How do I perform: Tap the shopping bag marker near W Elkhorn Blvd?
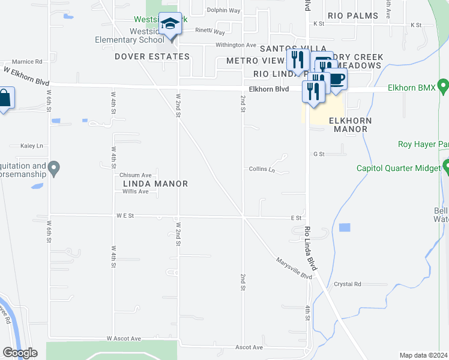point(4,98)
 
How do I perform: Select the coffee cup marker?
point(336,79)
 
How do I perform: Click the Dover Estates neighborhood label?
point(152,56)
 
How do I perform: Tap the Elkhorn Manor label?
point(350,125)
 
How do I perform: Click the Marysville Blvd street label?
point(295,268)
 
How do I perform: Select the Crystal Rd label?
point(348,284)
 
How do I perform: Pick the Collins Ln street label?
point(262,170)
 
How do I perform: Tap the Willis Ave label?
point(135,191)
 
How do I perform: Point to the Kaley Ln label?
point(32,146)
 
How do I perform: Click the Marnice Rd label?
point(27,61)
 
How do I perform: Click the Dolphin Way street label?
point(223,11)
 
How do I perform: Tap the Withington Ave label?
point(236,45)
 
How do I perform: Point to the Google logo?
point(20,353)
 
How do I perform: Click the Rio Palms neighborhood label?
point(353,16)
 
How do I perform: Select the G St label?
point(319,154)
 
